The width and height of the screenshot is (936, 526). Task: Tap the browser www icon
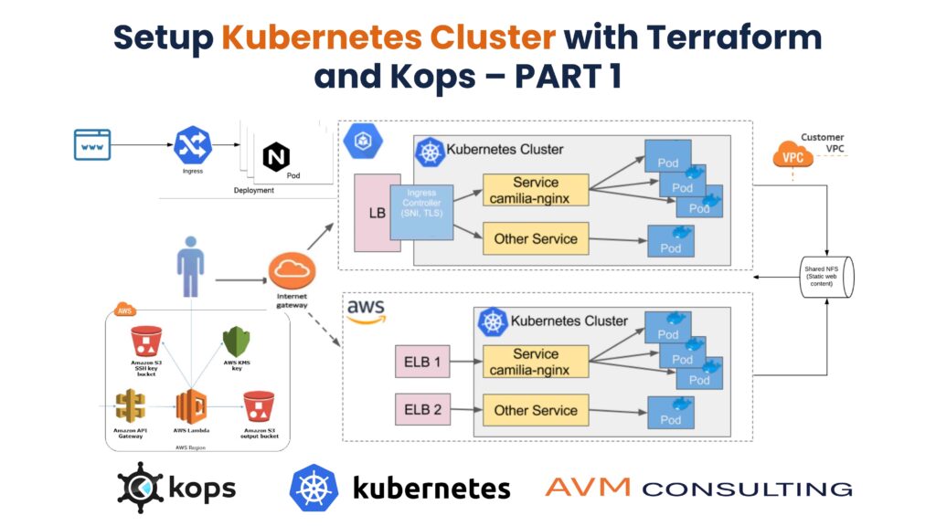click(92, 144)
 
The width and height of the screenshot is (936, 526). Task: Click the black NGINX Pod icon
click(275, 157)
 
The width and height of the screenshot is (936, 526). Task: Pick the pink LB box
click(376, 213)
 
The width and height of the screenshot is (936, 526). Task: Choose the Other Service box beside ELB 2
click(536, 410)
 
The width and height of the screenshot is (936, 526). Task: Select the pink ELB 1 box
click(423, 362)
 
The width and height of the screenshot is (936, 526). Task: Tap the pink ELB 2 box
click(423, 410)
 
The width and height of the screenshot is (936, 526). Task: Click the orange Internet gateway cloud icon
click(292, 270)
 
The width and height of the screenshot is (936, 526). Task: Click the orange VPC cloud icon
click(792, 156)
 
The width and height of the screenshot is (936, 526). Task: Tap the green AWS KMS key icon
click(237, 342)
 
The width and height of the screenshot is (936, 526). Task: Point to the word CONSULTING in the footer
click(747, 488)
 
